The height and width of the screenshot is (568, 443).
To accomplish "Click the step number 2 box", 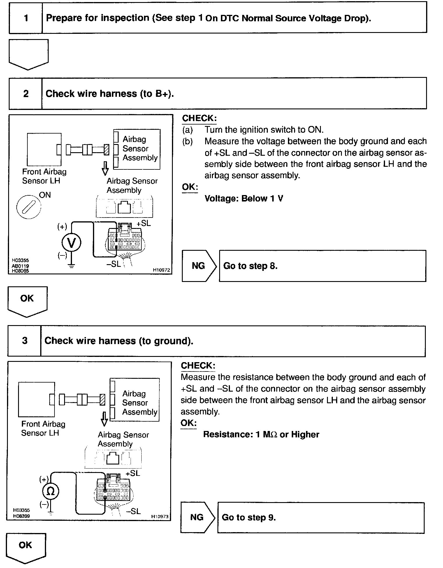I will click(x=26, y=94).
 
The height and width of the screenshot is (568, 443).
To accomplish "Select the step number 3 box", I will click(x=24, y=341).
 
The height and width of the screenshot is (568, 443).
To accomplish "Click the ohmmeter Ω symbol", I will click(x=51, y=491).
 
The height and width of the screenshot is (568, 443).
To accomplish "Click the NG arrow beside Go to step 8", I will click(x=199, y=266).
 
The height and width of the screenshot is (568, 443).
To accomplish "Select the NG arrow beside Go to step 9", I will click(x=197, y=517).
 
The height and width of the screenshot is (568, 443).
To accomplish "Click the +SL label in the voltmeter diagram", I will click(x=144, y=223).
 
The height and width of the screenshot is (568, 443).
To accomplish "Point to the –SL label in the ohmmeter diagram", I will click(x=133, y=511).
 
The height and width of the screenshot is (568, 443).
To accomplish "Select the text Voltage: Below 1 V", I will click(x=244, y=199).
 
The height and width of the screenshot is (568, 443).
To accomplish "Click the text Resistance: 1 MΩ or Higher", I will click(x=261, y=434).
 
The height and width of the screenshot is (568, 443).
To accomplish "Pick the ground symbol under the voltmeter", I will click(x=71, y=266).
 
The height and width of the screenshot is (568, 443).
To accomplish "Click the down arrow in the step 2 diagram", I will click(x=106, y=168).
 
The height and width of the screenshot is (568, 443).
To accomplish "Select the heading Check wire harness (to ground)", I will click(x=119, y=341).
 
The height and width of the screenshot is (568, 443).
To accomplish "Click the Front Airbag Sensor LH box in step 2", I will click(x=44, y=149).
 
